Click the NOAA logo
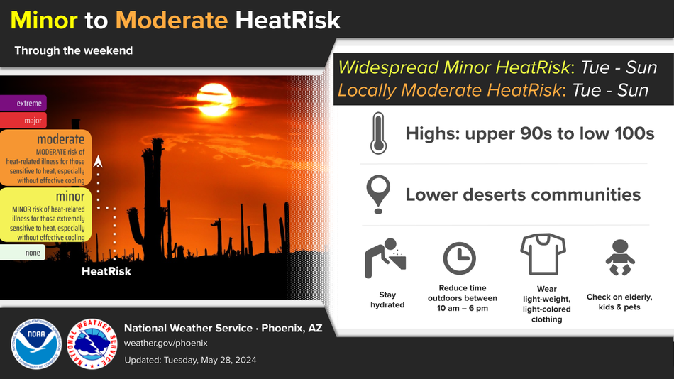tap(36, 344)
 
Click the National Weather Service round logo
tap(92, 344)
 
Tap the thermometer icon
tap(378, 133)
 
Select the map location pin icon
tap(378, 194)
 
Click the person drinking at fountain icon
tap(385, 258)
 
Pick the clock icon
tap(460, 258)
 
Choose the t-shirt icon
tap(543, 254)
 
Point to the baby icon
tap(620, 257)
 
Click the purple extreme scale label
tap(23, 103)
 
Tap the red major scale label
tap(23, 121)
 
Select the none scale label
tap(23, 253)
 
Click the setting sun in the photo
tap(214, 100)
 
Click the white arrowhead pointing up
tap(98, 161)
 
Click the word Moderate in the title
tap(172, 20)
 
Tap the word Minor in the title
tap(44, 20)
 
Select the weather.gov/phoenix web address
tap(166, 344)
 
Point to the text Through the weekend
tap(74, 50)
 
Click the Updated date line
tap(190, 360)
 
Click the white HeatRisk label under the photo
tap(106, 271)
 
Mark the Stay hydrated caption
tap(387, 300)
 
